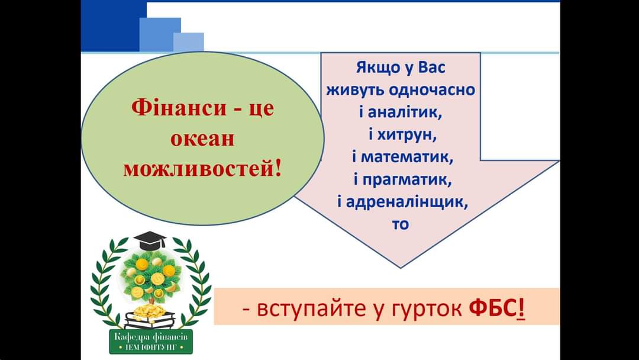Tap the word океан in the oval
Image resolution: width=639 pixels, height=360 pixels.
(202, 139)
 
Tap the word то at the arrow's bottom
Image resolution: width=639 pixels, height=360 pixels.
(401, 224)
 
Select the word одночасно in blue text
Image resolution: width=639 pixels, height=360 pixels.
(433, 91)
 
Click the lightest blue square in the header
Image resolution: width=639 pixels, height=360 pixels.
(189, 41)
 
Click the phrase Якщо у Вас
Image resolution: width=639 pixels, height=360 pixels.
(400, 68)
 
